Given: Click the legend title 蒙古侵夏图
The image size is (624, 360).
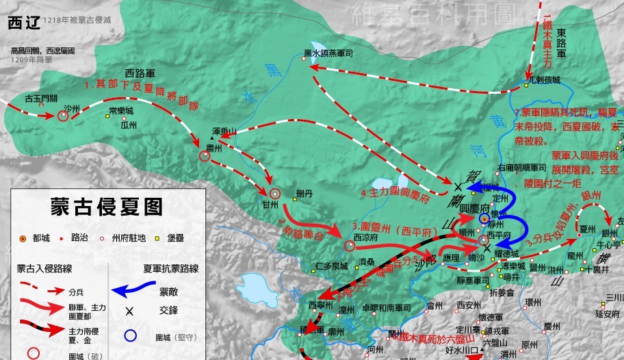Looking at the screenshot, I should point(106,207).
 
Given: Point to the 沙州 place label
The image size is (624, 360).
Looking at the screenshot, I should point(72,108).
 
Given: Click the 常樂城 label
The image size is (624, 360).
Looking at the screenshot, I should point(121,110).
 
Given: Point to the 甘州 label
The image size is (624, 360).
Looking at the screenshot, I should point(270,204).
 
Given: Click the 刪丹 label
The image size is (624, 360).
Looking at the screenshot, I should point(304,194).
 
